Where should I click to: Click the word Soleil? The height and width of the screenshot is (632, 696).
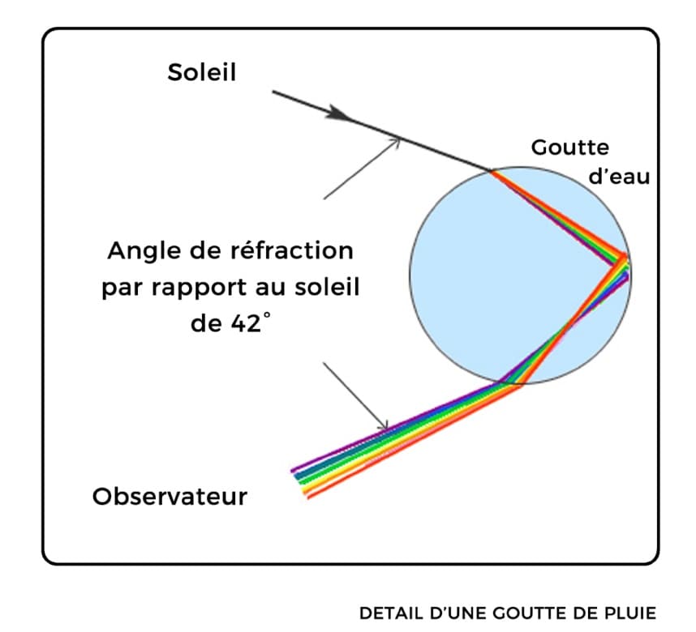202,73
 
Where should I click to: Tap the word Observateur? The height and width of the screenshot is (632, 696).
170,496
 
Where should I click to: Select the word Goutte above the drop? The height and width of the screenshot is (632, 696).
569,148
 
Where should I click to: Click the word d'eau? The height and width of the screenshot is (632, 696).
619,176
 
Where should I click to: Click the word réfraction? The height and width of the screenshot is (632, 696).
299,251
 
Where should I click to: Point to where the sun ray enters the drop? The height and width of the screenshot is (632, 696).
491,171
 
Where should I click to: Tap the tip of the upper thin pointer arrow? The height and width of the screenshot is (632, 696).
399,139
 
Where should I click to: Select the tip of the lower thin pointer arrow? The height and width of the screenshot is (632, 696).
386,429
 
